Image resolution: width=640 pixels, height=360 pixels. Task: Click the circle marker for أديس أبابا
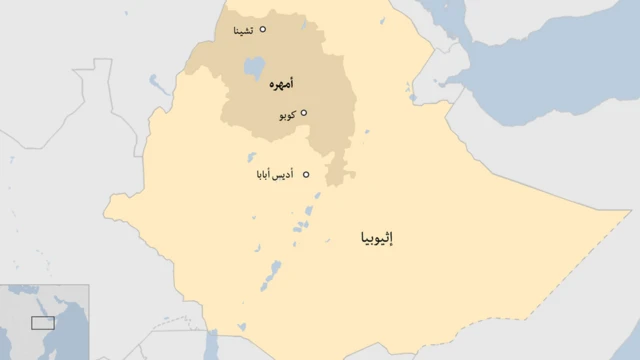[x=306, y=175]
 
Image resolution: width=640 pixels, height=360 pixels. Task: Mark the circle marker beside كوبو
[x=304, y=113]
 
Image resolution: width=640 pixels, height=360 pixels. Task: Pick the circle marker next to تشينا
[x=263, y=30]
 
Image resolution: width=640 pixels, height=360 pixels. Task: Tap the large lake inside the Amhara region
[x=253, y=69]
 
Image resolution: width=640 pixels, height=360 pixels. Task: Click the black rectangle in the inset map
[x=42, y=322]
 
